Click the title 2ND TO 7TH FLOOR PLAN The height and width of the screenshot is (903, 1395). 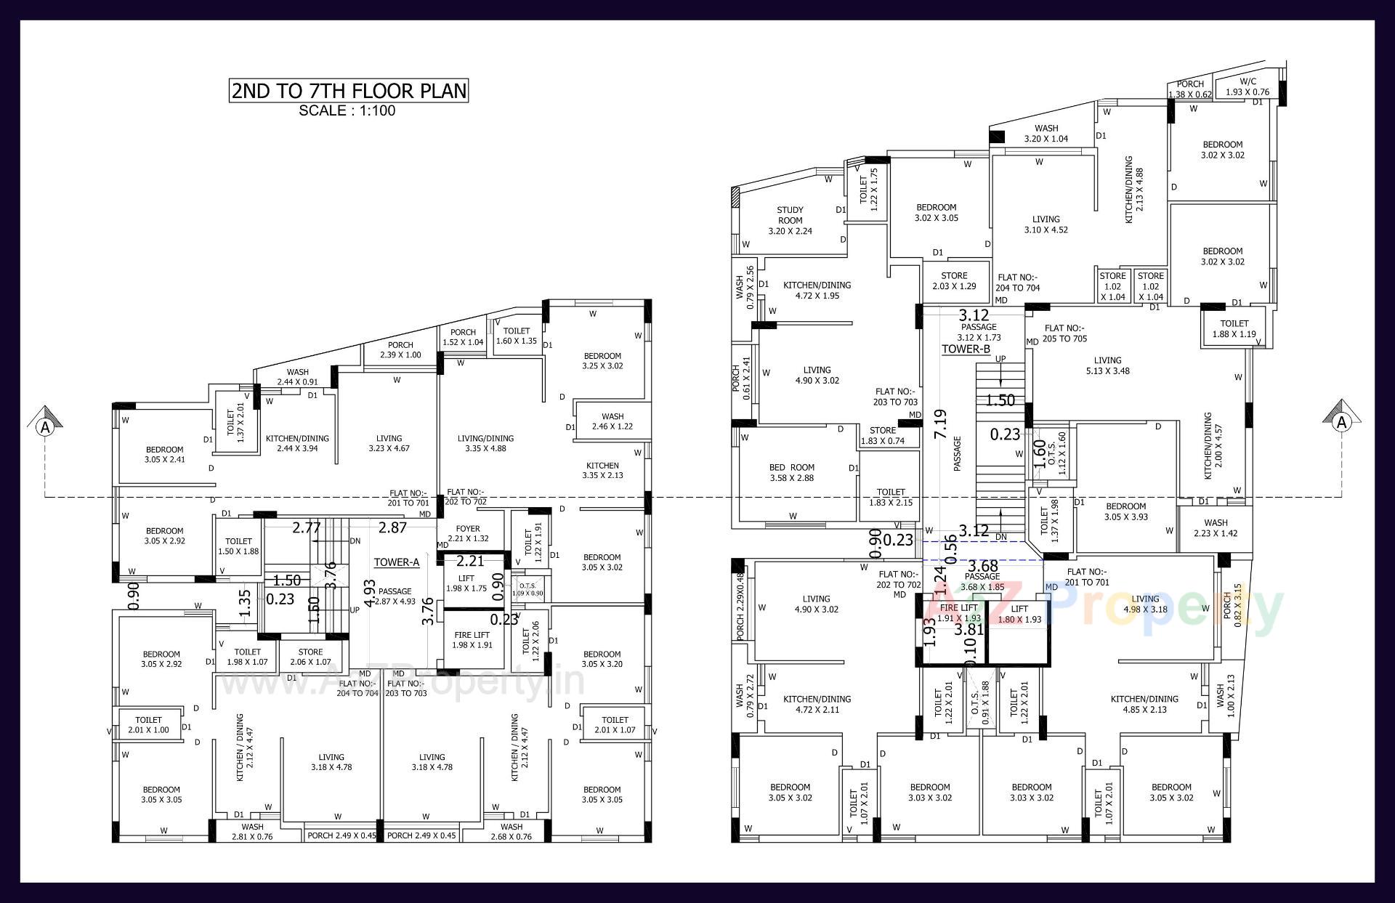click(x=348, y=91)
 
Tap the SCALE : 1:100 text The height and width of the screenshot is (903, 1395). click(x=347, y=111)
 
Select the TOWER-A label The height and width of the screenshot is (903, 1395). click(x=397, y=562)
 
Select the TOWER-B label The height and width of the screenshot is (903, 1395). click(x=966, y=349)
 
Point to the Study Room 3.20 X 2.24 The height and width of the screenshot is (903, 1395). click(x=790, y=220)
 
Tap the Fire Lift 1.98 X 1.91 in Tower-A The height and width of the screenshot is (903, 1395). click(x=472, y=639)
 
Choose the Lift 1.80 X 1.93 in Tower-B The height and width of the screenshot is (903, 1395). click(x=1019, y=615)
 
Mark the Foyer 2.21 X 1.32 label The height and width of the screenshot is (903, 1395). click(x=468, y=533)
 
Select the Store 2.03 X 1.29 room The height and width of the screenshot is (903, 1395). click(x=954, y=281)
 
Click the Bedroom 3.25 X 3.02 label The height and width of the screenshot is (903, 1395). click(x=602, y=360)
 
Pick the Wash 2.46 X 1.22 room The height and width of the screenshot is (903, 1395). click(x=612, y=421)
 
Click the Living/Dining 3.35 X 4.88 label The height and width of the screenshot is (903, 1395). click(x=485, y=443)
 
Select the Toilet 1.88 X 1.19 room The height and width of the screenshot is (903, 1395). click(x=1234, y=328)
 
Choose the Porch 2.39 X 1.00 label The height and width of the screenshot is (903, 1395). click(x=400, y=350)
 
